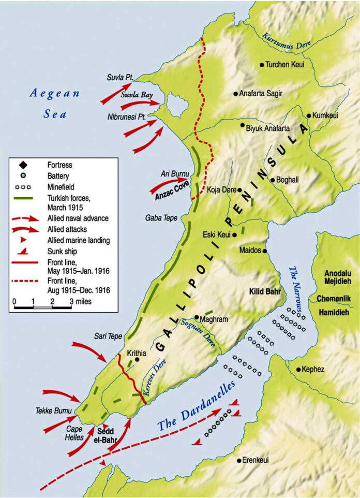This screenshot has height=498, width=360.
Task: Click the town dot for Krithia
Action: tap(137, 359)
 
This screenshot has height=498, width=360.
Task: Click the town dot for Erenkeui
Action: tap(238, 460)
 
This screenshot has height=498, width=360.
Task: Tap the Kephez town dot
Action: tap(298, 370)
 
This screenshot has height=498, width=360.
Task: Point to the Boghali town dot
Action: tap(273, 180)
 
